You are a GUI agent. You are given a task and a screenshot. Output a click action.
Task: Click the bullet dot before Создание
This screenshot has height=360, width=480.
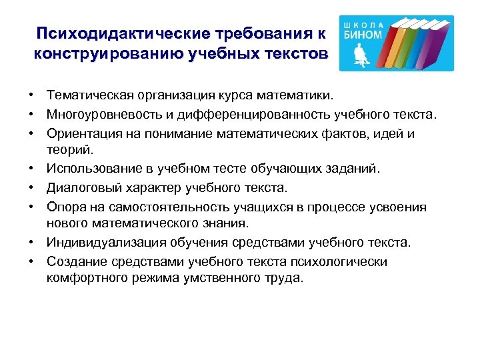click(x=32, y=259)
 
